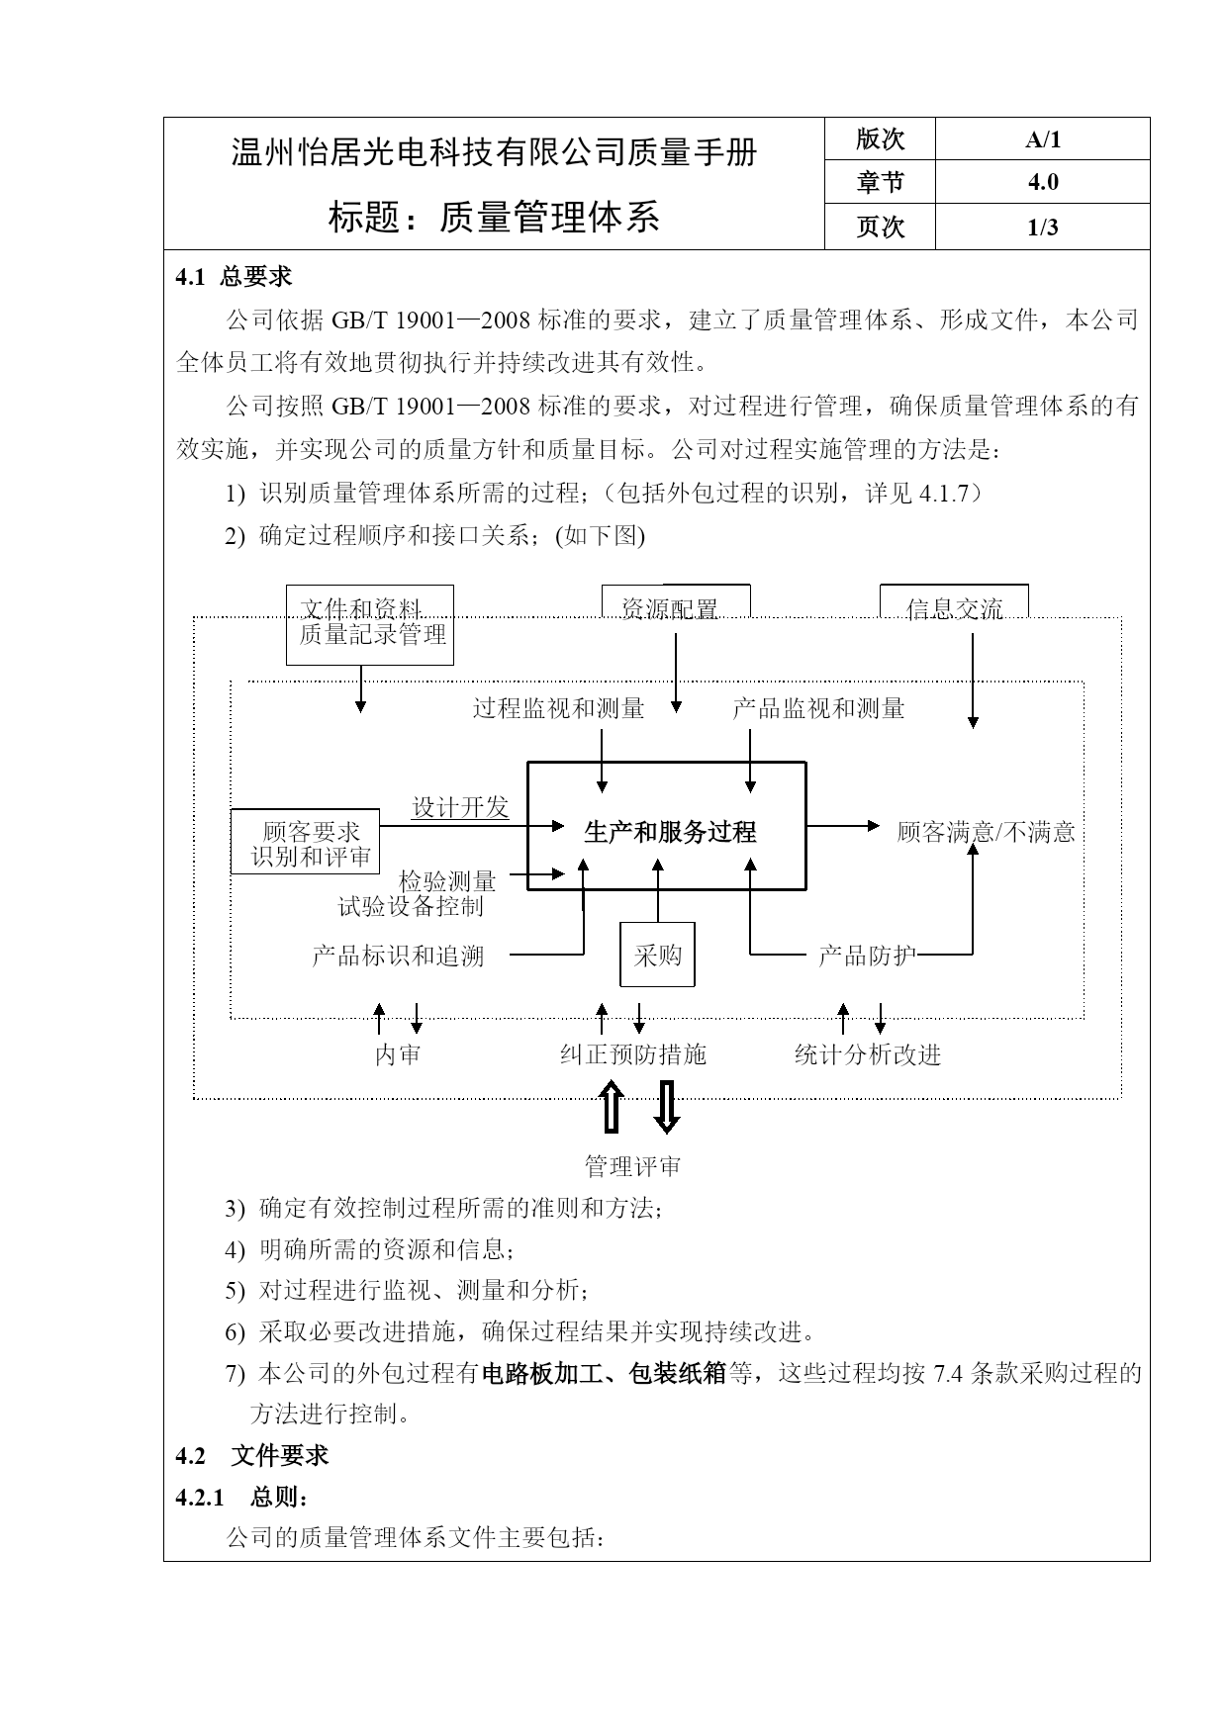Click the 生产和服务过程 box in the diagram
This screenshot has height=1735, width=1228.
[x=666, y=826]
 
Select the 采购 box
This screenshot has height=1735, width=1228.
[x=657, y=955]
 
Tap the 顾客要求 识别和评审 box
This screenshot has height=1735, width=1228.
[x=307, y=842]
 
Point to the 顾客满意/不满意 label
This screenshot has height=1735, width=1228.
[x=986, y=832]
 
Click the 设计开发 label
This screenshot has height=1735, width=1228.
[x=460, y=808]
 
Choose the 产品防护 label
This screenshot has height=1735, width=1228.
[x=867, y=956]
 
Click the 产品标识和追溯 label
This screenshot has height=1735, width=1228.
[x=398, y=956]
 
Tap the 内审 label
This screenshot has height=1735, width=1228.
[x=398, y=1055]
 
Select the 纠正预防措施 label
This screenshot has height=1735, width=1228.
[x=633, y=1055]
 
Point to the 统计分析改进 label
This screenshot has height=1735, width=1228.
[x=868, y=1055]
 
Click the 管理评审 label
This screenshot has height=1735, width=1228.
[x=633, y=1167]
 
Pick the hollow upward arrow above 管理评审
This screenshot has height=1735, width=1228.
[x=611, y=1106]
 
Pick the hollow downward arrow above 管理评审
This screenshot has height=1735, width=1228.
[x=667, y=1106]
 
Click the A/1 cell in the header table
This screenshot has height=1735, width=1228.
[x=1042, y=139]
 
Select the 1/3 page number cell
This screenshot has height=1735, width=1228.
[x=1042, y=228]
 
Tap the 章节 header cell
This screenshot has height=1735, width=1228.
[x=880, y=183]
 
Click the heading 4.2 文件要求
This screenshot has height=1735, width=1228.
[x=252, y=1456]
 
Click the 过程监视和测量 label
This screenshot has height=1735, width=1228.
[x=559, y=708]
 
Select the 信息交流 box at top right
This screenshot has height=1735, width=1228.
[x=954, y=601]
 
